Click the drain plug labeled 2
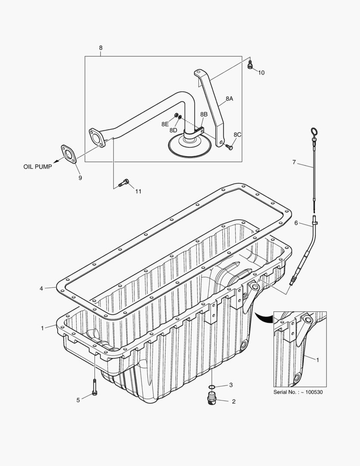pos(212,399)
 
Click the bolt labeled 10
pos(250,65)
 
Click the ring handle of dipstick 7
pos(313,132)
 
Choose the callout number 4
pos(41,288)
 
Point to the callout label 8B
pos(203,114)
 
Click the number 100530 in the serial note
pos(313,392)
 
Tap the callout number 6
pos(296,223)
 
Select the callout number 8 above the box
pos(101,48)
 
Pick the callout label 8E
pos(165,124)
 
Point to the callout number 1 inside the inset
pos(318,359)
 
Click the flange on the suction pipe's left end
pos(97,136)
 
